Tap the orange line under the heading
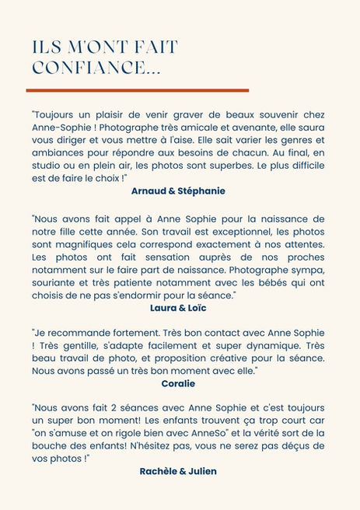[x=137, y=90]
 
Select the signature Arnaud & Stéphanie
[x=178, y=190]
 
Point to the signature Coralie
[x=178, y=383]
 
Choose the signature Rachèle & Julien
[x=178, y=470]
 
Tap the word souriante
[x=55, y=283]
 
